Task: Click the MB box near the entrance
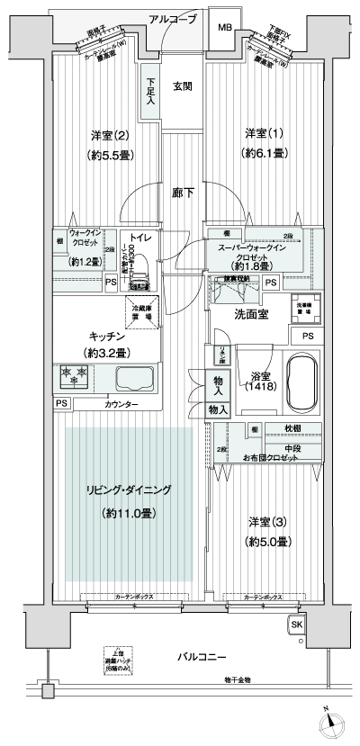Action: pos(223,28)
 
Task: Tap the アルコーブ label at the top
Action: pos(172,19)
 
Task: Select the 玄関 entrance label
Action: pos(183,86)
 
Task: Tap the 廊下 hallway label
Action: pos(183,192)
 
